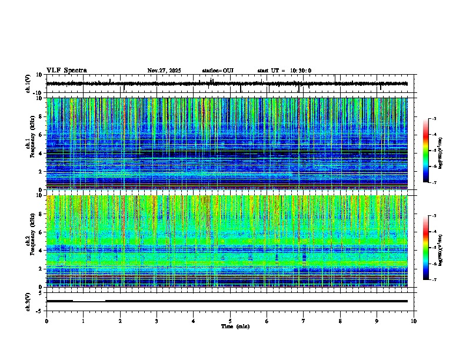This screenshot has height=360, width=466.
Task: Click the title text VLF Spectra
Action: tap(66, 71)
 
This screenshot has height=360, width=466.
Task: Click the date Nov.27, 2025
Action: tap(164, 71)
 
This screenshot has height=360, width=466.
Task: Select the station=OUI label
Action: tap(218, 71)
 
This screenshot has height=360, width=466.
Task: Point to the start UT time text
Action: tap(284, 71)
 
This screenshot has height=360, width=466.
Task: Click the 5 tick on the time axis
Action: tap(230, 321)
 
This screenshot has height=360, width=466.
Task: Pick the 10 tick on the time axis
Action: tap(414, 321)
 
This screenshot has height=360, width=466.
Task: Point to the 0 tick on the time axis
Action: tap(46, 321)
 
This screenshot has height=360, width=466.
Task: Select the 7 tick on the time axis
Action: tap(304, 321)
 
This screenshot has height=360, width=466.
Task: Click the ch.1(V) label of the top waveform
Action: tap(28, 84)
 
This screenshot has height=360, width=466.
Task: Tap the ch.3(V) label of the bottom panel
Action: tap(28, 301)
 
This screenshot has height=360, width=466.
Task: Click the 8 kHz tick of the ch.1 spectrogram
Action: tap(39, 116)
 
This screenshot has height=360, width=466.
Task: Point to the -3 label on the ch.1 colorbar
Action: tap(434, 119)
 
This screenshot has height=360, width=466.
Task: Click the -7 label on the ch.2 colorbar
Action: tap(434, 280)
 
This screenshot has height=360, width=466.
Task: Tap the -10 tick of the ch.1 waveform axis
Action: tap(38, 93)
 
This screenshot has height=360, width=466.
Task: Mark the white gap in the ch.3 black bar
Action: tap(89, 301)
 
